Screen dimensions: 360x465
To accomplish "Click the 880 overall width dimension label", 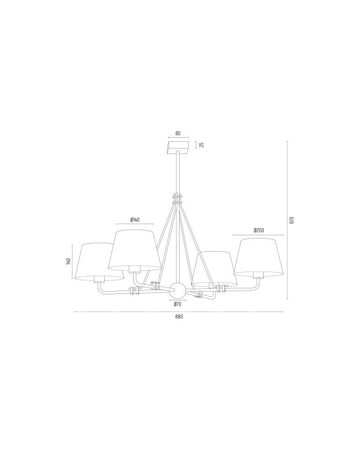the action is click(x=179, y=316).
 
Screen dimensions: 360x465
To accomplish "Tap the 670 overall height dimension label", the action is click(x=292, y=220).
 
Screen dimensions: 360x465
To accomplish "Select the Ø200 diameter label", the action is click(x=259, y=230).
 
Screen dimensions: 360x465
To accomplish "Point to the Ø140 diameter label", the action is click(x=134, y=220).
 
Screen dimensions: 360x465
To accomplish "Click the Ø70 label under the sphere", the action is click(x=177, y=304).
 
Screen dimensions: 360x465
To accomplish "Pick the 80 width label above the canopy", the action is click(x=178, y=133).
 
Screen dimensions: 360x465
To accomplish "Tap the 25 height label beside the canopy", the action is click(x=201, y=145).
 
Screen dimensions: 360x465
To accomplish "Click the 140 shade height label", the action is click(x=68, y=261).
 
